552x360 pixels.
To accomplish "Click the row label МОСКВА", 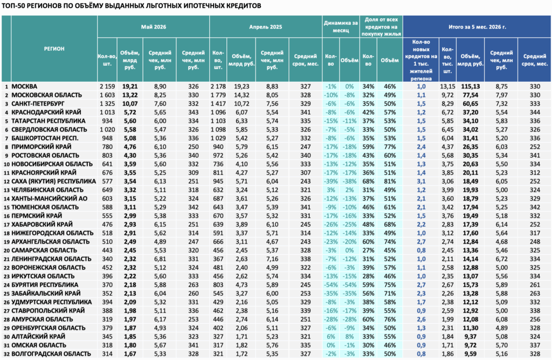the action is pos(24,87).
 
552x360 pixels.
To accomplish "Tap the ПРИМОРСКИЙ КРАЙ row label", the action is pos(42,147).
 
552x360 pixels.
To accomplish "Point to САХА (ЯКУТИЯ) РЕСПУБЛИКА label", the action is pos(53,181).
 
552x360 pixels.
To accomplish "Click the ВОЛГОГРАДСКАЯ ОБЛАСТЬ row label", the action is pos(51,354).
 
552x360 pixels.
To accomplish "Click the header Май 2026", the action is pos(154,27).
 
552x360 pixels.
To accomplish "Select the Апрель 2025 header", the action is pos(265,27).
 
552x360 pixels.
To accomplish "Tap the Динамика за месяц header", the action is pos(341,27).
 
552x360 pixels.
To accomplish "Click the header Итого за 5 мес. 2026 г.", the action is pos(477,27).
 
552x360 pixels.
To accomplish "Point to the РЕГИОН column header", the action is pos(54,49).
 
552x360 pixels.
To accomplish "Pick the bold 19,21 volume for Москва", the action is pos(130,87).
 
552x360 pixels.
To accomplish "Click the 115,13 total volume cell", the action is pos(470,87).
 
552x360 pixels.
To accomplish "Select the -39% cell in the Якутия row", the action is pos(330,181).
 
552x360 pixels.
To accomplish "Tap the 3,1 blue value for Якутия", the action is pos(421,181).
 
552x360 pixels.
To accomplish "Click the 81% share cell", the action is pos(390,181).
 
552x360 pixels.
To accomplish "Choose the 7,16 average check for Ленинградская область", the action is pos(272,259).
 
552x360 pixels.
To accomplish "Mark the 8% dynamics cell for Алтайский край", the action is pos(349,336).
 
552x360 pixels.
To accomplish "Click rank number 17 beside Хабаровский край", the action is pos(6,225).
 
